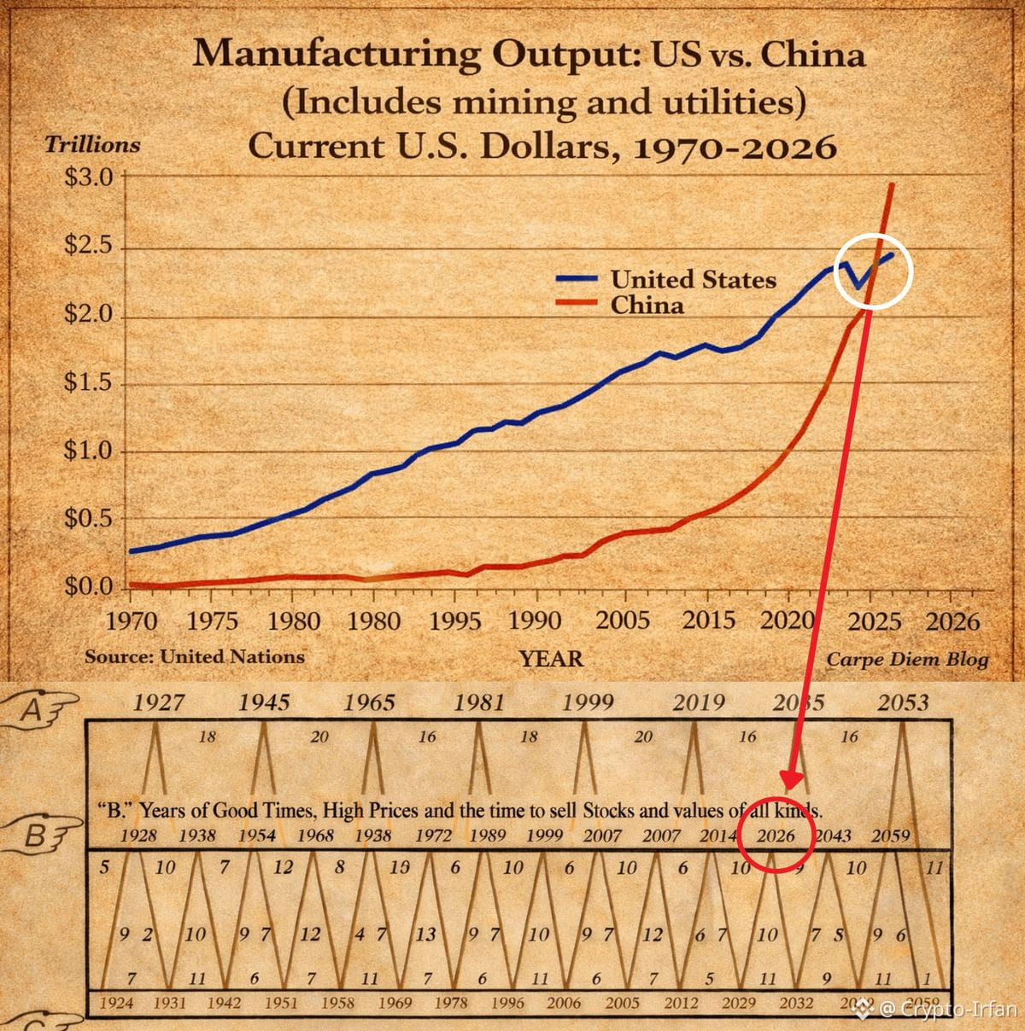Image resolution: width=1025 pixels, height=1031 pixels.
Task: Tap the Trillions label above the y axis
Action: (x=92, y=144)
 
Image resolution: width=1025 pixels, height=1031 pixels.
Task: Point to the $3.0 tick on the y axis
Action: (x=88, y=178)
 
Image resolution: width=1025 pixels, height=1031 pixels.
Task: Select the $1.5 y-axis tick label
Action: (x=88, y=382)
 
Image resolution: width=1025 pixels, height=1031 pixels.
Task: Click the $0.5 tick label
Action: (x=88, y=519)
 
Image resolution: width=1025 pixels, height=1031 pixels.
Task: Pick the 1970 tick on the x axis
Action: (x=131, y=620)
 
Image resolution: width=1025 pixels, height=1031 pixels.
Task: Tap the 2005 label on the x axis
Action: (x=623, y=620)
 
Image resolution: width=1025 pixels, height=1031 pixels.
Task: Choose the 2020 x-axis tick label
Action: (x=787, y=620)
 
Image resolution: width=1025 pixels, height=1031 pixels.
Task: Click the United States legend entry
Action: (x=693, y=279)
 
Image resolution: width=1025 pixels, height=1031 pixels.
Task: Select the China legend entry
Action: (x=647, y=305)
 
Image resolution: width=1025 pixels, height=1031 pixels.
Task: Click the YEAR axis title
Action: (x=551, y=659)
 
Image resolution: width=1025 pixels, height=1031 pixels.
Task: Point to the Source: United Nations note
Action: (x=195, y=657)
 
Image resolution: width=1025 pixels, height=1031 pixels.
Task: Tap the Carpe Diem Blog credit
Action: (x=907, y=659)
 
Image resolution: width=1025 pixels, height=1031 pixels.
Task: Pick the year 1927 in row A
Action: (x=159, y=702)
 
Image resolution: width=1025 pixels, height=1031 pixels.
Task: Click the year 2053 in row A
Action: (x=903, y=702)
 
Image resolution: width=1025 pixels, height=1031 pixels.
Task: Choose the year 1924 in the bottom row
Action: (x=116, y=1004)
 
